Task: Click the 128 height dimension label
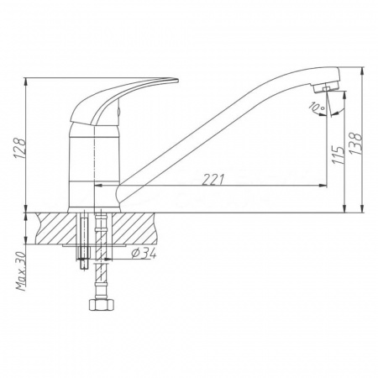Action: coord(20,148)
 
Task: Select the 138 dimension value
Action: coord(355,143)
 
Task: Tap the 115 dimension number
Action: coord(338,155)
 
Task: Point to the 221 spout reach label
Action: coord(213,180)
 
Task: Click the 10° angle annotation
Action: coord(317,107)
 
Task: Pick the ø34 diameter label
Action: coord(144,254)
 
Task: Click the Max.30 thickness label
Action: coord(21,270)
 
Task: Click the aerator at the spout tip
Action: coord(326,87)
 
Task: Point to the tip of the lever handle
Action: coord(177,81)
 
